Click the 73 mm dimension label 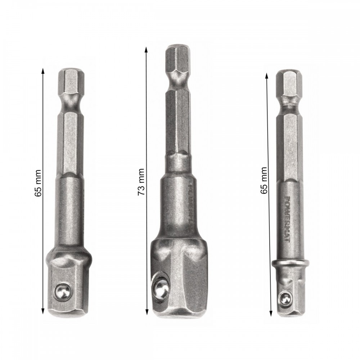(x=141, y=182)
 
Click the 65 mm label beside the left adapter (x=38, y=183)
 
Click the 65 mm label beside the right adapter (x=264, y=180)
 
